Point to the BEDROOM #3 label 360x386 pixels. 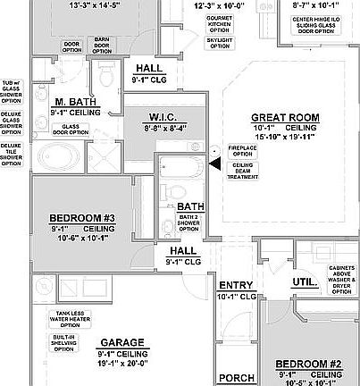click(80, 217)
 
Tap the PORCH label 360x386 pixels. click(237, 378)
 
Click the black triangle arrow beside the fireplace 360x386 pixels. click(213, 164)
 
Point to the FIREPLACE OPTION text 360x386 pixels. click(242, 150)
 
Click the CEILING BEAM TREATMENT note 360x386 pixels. click(242, 171)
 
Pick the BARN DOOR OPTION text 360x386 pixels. click(103, 43)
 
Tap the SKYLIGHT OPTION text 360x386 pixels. click(218, 40)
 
